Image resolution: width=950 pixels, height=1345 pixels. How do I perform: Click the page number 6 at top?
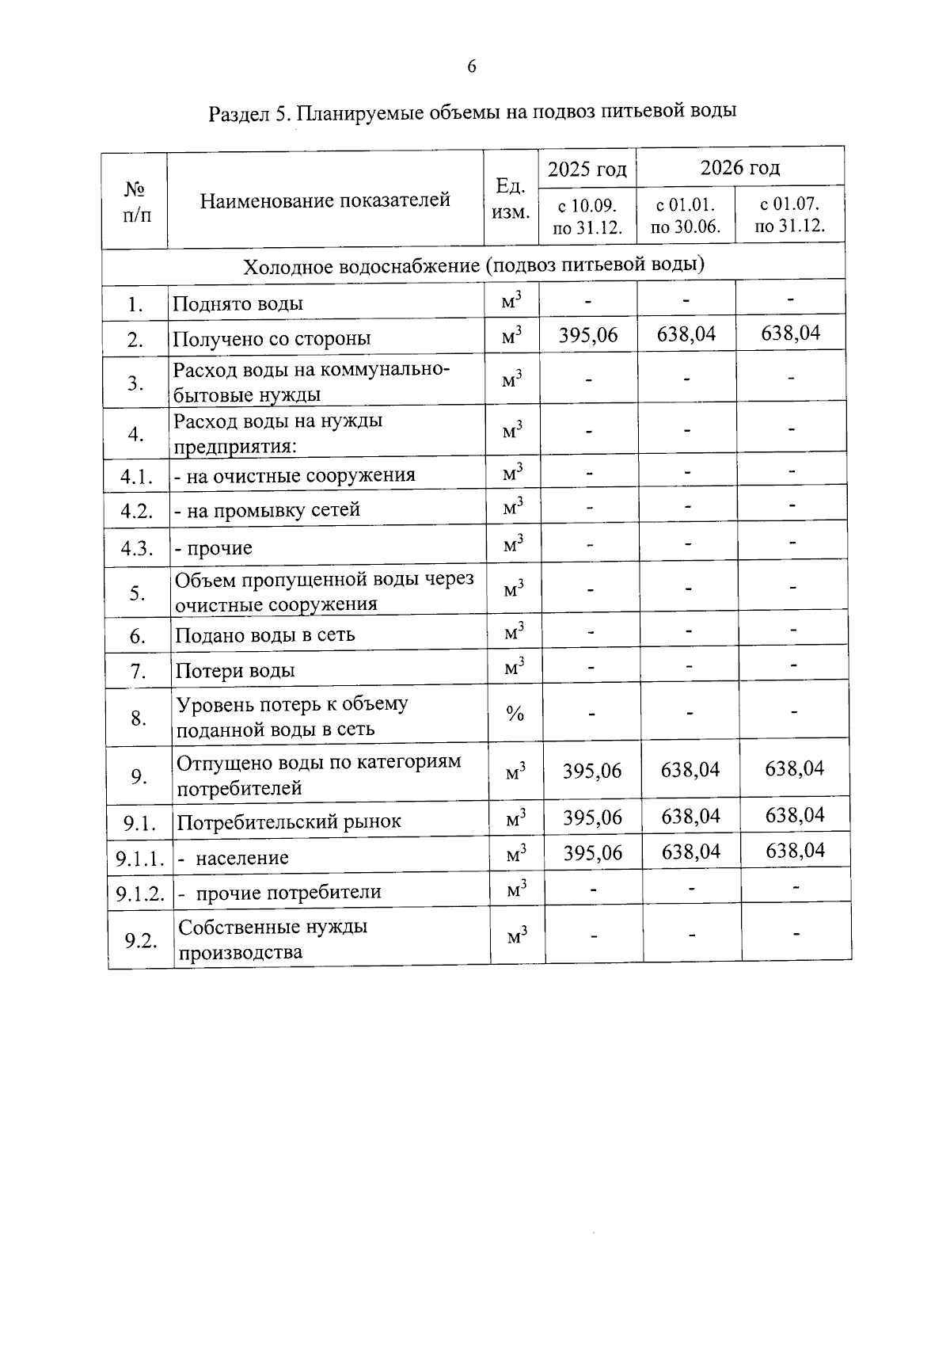(x=472, y=67)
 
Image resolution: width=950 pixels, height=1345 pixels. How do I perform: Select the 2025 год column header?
(x=587, y=169)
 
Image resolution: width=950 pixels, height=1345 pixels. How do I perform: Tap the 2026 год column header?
(x=739, y=167)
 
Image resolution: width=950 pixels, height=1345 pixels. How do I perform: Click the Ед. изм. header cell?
(x=511, y=199)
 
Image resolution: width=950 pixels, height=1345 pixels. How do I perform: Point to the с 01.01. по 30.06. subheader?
(x=686, y=216)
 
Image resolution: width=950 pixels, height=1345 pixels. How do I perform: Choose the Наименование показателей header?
(x=325, y=200)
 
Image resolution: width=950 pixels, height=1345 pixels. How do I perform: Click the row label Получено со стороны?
(x=272, y=339)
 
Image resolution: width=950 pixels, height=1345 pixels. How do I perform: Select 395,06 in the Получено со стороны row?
(x=587, y=335)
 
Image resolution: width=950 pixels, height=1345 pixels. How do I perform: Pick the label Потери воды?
(x=234, y=671)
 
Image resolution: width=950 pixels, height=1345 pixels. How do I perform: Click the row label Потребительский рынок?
(x=288, y=821)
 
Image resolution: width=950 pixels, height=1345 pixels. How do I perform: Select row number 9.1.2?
(x=140, y=893)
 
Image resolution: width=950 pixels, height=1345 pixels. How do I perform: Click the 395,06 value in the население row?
(x=592, y=853)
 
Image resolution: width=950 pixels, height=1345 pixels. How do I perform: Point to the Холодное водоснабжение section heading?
(x=473, y=265)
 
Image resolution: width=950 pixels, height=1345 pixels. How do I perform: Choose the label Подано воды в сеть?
(x=264, y=635)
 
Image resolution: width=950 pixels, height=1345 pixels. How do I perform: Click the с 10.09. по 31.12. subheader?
(x=587, y=217)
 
